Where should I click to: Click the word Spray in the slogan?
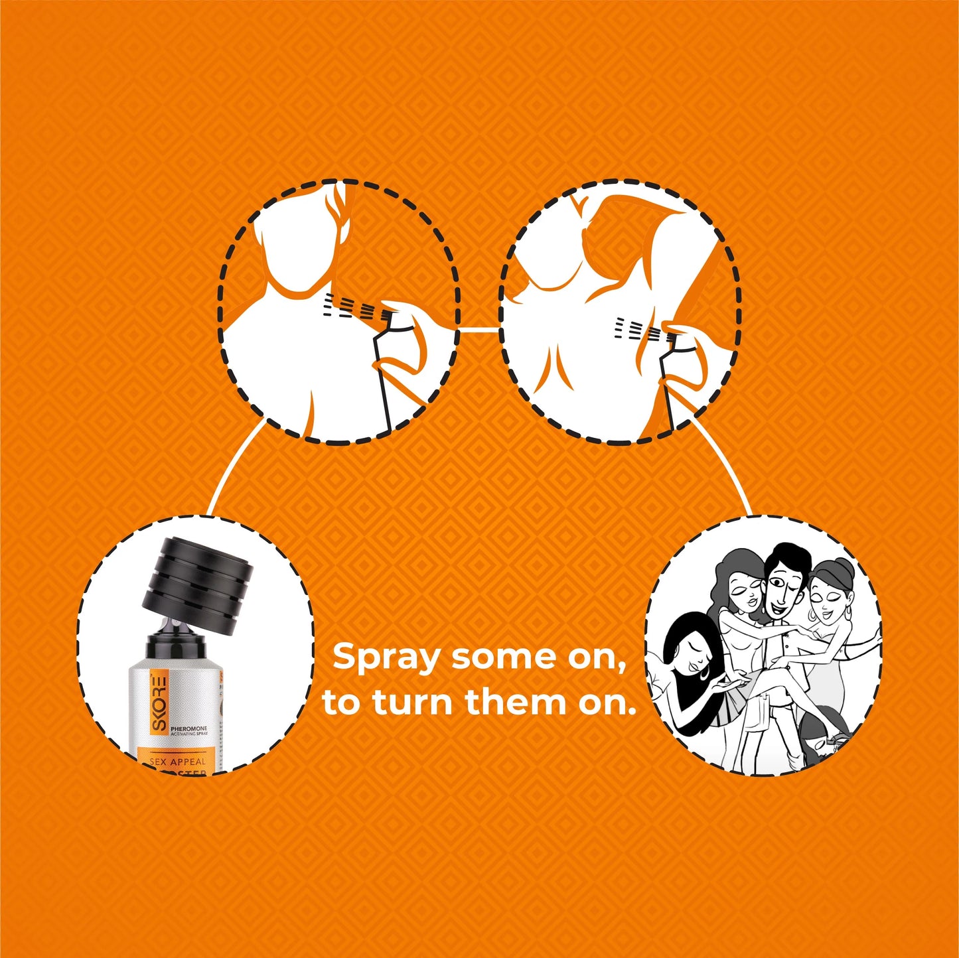click(x=386, y=658)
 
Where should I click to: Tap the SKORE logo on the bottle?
click(x=159, y=703)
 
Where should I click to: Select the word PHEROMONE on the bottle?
click(x=188, y=729)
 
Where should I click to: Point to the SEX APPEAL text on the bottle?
click(x=178, y=762)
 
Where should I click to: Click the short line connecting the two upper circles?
click(x=479, y=329)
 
